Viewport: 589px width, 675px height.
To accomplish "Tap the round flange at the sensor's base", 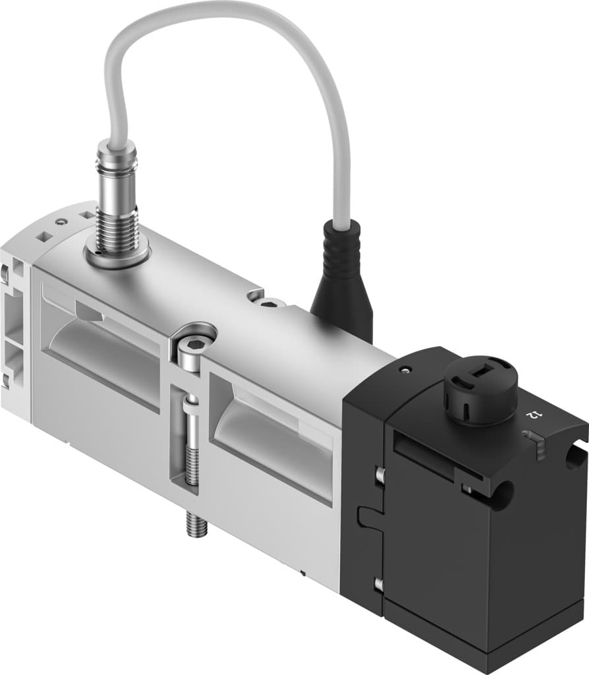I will coord(118,254).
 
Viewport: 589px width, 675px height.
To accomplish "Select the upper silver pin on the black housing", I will coord(379,473).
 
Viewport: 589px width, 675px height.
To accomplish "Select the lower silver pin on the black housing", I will coord(379,583).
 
